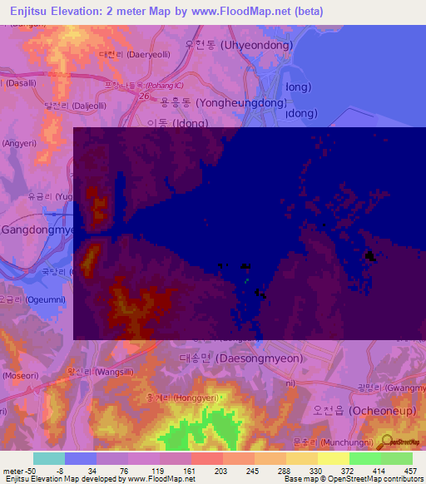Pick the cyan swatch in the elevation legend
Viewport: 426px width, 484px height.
[49, 458]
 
